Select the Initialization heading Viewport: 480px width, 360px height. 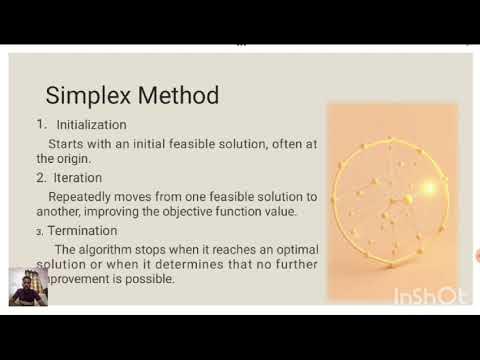(x=91, y=125)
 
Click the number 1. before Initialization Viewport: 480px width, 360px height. (x=42, y=125)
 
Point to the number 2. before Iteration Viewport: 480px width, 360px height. (x=42, y=178)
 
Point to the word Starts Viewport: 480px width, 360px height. (x=67, y=144)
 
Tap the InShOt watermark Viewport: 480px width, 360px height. (x=430, y=296)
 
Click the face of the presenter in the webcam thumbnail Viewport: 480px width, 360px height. (x=28, y=283)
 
